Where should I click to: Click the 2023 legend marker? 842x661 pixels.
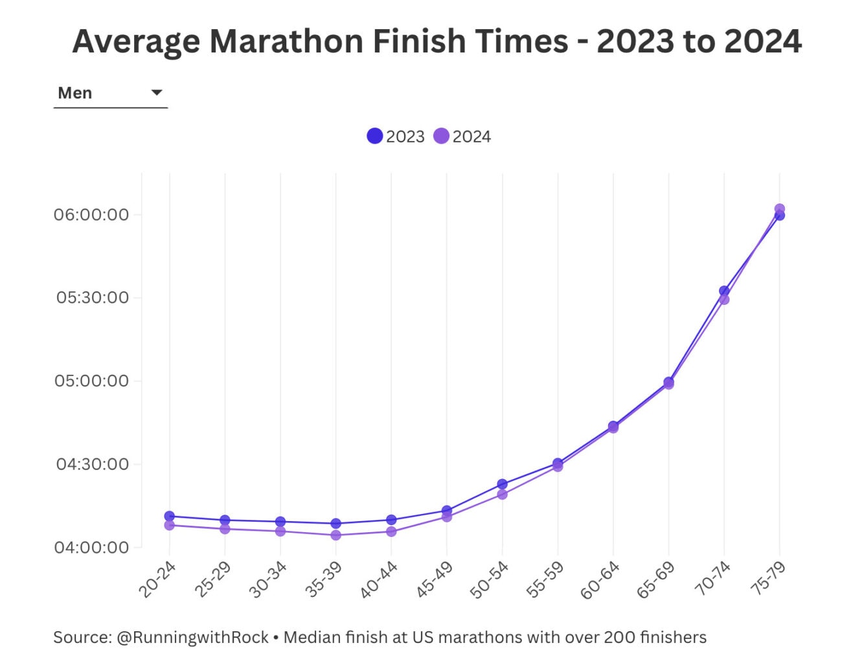click(x=374, y=136)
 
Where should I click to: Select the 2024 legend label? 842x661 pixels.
click(x=472, y=137)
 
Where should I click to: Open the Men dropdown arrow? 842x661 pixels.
click(x=156, y=93)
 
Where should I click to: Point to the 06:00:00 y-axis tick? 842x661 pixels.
click(x=91, y=214)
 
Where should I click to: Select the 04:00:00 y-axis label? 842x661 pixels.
click(x=91, y=548)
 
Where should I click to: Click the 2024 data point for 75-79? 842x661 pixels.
click(x=779, y=209)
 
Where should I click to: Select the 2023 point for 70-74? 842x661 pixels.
click(x=724, y=291)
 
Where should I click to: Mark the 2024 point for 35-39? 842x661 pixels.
click(x=336, y=535)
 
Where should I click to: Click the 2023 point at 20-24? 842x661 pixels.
click(x=169, y=516)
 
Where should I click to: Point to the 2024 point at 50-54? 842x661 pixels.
click(x=502, y=495)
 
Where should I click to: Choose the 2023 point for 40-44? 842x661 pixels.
click(x=391, y=519)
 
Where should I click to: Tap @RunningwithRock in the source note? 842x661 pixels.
click(x=192, y=637)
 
